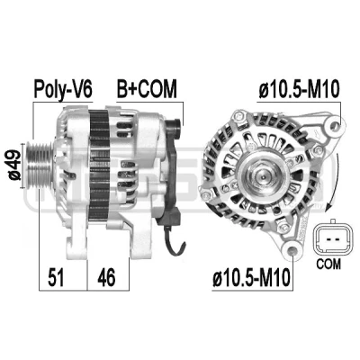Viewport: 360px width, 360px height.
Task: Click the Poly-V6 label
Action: [63, 88]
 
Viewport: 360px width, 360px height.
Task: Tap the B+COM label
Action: [147, 88]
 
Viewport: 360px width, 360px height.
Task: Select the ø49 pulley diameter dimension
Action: [15, 166]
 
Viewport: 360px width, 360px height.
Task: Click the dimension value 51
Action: [56, 277]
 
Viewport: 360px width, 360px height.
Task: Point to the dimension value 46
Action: [106, 277]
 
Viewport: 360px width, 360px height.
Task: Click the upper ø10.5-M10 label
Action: [299, 89]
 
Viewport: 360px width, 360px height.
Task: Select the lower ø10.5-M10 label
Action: [252, 277]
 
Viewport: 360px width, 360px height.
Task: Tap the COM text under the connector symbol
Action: [328, 264]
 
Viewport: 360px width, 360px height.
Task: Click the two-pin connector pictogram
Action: [331, 239]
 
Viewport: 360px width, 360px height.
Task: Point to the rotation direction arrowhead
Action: [330, 206]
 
